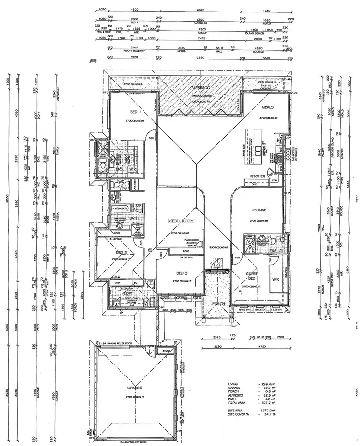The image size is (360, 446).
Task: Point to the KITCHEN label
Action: pyautogui.click(x=258, y=176)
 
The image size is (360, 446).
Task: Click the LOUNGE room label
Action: pyautogui.click(x=259, y=210)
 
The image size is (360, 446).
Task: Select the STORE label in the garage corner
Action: pyautogui.click(x=166, y=351)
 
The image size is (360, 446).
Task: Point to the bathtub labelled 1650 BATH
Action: pyautogui.click(x=120, y=209)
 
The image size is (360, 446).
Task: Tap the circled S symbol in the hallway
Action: pyautogui.click(x=150, y=249)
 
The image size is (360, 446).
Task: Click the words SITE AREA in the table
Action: pyautogui.click(x=236, y=411)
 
